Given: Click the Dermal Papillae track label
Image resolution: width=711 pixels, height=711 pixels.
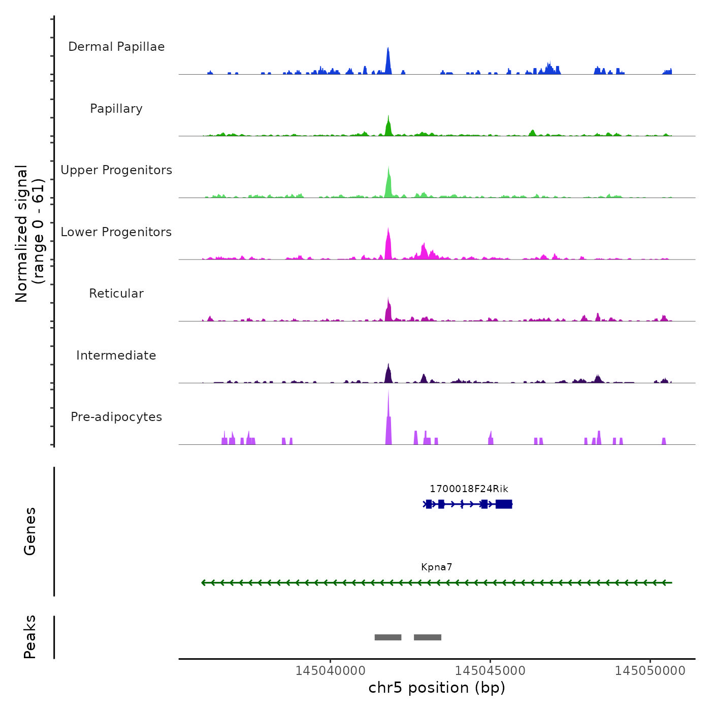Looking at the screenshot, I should tap(116, 47).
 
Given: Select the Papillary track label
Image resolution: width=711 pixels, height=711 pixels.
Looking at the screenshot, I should tap(116, 109).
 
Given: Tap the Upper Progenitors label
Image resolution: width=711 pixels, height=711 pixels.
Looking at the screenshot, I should tap(116, 170).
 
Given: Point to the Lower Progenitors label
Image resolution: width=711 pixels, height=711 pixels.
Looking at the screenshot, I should tap(116, 232).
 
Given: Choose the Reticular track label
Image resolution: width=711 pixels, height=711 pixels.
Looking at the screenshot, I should tap(116, 294).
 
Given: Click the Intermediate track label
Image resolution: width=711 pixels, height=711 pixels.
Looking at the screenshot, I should tap(116, 355).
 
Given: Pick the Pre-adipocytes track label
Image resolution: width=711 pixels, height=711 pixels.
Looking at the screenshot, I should tap(116, 417).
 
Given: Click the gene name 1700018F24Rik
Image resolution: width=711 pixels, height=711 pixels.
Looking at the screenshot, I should tap(469, 489).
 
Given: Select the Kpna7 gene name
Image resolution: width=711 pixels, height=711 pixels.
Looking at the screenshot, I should tap(436, 567).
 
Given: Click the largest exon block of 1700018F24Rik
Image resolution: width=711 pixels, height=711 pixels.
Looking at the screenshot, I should tap(504, 504).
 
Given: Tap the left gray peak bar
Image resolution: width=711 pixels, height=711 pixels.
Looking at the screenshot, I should tap(388, 637).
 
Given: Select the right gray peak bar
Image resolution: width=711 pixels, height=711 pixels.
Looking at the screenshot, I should tap(428, 637).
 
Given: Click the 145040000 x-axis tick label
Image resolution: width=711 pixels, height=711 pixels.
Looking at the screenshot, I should tap(331, 671).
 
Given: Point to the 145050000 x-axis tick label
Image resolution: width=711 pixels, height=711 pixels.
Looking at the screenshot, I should tap(650, 671).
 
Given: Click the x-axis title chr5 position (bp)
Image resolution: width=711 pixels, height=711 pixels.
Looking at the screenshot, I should tap(437, 688).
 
